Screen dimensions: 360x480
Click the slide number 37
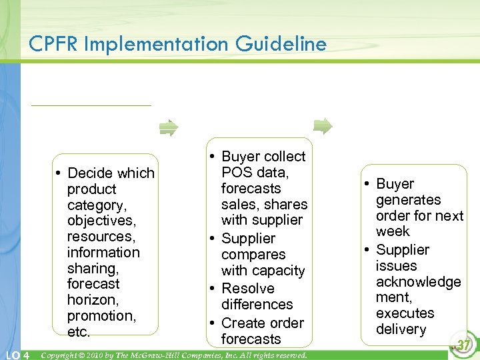coord(464,345)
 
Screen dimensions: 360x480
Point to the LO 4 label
coord(15,355)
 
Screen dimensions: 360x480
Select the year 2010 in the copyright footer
coord(94,355)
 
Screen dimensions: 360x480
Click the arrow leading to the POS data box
coord(169,127)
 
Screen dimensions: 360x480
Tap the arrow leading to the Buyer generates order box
coord(323,125)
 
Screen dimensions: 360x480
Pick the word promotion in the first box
coord(101,316)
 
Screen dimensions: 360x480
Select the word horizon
coord(93,300)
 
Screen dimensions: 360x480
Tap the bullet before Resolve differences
coord(211,289)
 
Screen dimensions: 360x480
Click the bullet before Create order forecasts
coord(211,323)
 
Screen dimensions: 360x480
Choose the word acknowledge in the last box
coord(418,282)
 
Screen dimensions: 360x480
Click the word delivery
coord(401,329)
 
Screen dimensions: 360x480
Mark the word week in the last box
coord(393,231)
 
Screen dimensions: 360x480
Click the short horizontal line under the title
coord(91,105)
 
